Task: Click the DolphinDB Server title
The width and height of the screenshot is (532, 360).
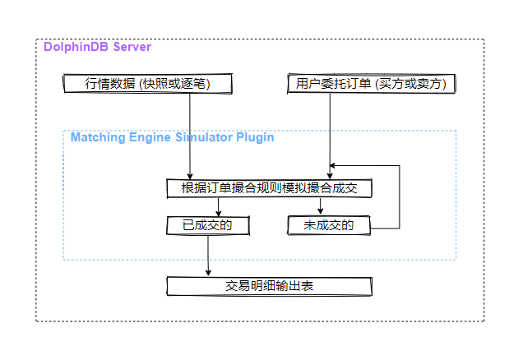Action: [97, 47]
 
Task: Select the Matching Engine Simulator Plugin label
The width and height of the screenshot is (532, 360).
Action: [172, 137]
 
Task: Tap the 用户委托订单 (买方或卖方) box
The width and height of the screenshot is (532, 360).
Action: [372, 83]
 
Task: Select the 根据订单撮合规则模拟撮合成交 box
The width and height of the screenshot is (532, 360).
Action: [270, 188]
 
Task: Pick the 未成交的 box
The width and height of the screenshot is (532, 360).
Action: [328, 224]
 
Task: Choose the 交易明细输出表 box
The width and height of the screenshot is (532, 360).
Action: [270, 286]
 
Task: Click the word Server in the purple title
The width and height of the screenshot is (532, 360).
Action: [131, 47]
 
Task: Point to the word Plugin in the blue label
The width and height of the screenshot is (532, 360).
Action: [255, 137]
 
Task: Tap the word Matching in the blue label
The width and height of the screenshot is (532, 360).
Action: [98, 137]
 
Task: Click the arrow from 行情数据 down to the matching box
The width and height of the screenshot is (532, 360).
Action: [191, 136]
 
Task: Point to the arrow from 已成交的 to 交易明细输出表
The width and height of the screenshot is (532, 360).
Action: [208, 255]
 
